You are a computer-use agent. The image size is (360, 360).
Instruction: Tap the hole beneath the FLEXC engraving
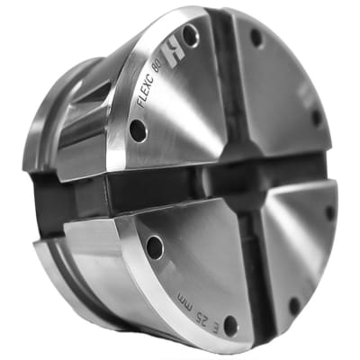pyautogui.click(x=137, y=131)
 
